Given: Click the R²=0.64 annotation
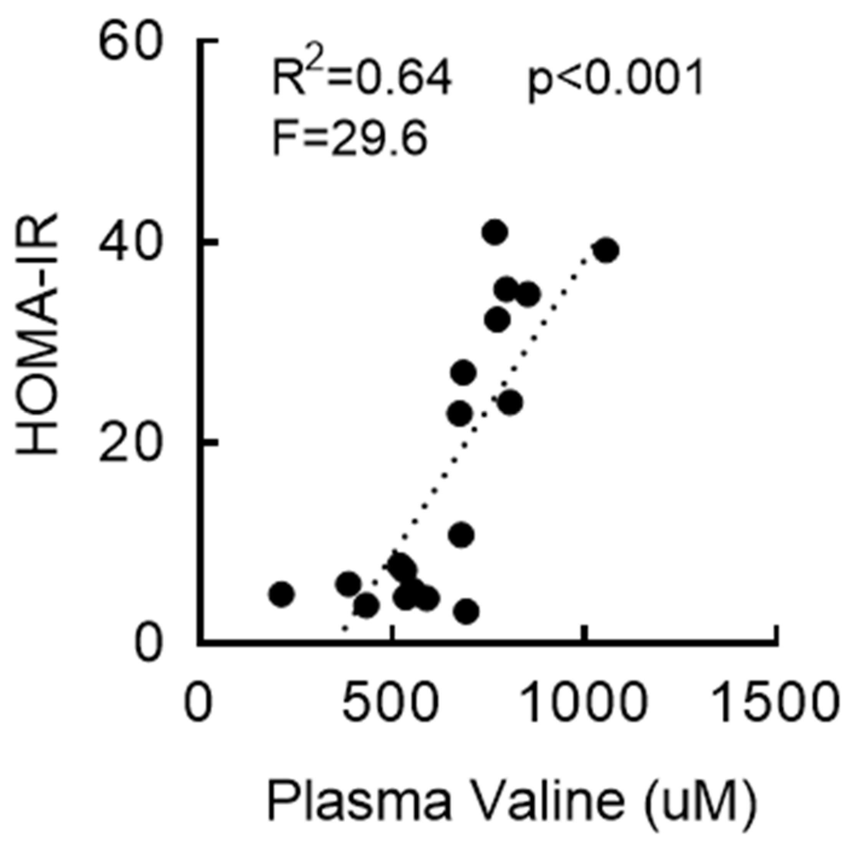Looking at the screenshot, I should pos(361,77).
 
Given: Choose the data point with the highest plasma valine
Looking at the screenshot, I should pos(607,250).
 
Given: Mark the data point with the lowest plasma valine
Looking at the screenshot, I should pos(282,594).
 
